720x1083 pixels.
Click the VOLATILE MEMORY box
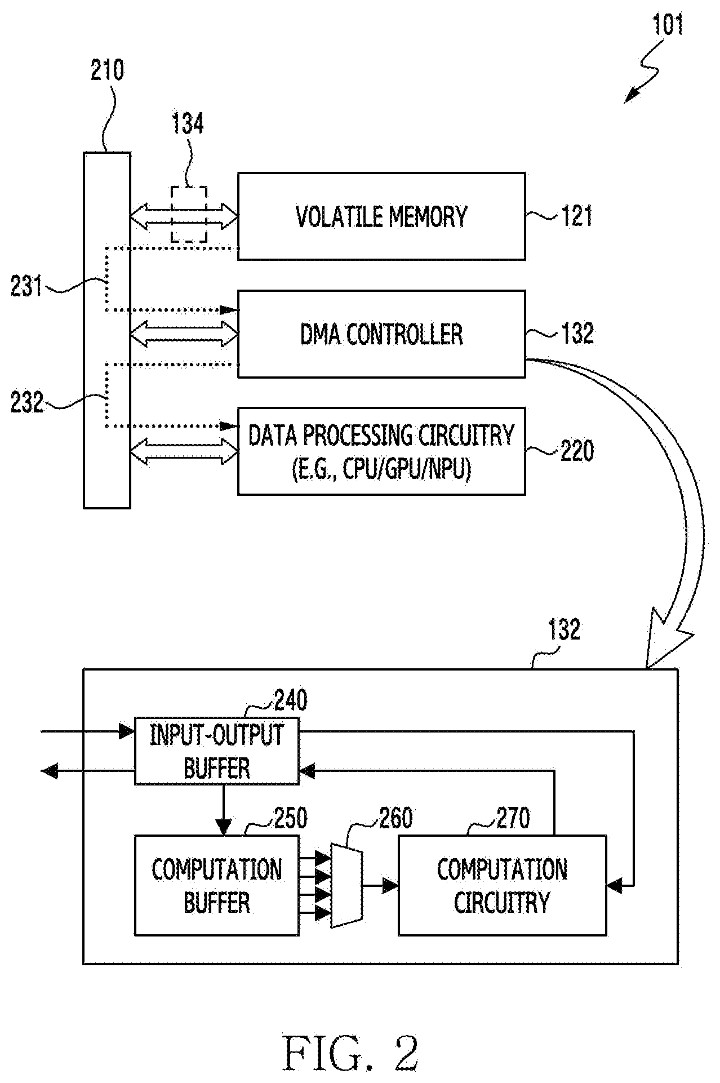point(381,216)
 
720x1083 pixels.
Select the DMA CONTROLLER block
point(381,334)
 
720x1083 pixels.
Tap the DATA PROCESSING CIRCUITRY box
point(381,451)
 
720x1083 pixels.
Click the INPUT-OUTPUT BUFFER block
point(216,751)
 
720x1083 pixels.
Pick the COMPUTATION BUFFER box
point(217,885)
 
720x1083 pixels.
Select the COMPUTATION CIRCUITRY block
point(503,885)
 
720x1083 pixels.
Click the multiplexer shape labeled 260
point(346,885)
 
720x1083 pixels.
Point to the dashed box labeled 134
point(189,214)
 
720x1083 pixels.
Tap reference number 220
point(577,451)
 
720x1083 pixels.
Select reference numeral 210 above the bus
point(107,72)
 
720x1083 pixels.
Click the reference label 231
point(26,287)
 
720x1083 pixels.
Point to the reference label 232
point(26,402)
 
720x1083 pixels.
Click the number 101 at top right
point(668,25)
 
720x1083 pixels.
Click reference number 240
point(291,700)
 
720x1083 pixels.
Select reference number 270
point(513,818)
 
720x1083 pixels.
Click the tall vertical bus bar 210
point(107,330)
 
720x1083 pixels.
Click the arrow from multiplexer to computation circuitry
point(380,885)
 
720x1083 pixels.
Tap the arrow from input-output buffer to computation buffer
point(224,810)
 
